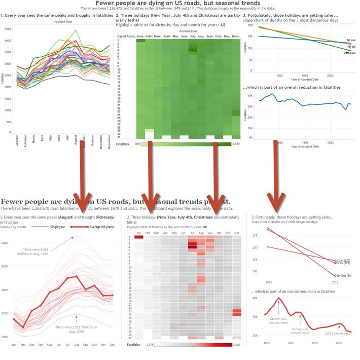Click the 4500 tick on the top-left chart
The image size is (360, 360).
[7, 29]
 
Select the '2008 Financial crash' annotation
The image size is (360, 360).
[338, 333]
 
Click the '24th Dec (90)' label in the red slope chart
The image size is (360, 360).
[344, 275]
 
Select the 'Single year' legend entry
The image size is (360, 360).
[58, 227]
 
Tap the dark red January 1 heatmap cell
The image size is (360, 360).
[139, 237]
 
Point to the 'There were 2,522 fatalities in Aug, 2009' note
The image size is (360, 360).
[76, 329]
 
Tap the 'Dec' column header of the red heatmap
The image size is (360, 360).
[236, 233]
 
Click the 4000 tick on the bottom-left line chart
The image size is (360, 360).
[5, 243]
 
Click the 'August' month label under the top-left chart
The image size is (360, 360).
[75, 138]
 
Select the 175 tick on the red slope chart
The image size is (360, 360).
[255, 234]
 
